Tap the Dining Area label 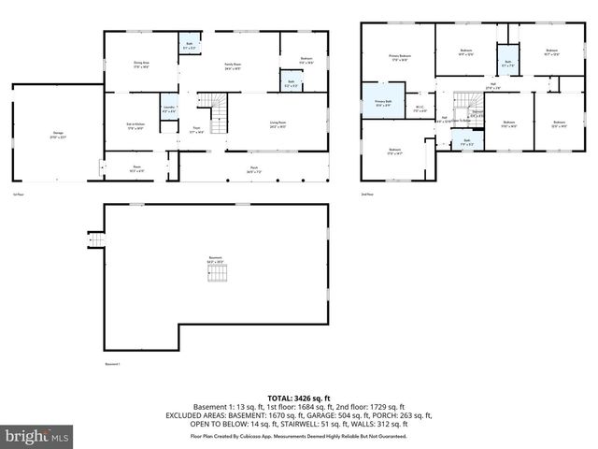(142, 65)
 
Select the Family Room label (233, 66)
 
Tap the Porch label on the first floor (253, 170)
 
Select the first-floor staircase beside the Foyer (219, 114)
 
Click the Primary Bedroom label (399, 57)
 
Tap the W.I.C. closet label (420, 109)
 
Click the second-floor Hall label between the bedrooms (492, 87)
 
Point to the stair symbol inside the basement (217, 273)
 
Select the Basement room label (216, 261)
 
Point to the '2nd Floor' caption (366, 194)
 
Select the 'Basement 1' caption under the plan (113, 363)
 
